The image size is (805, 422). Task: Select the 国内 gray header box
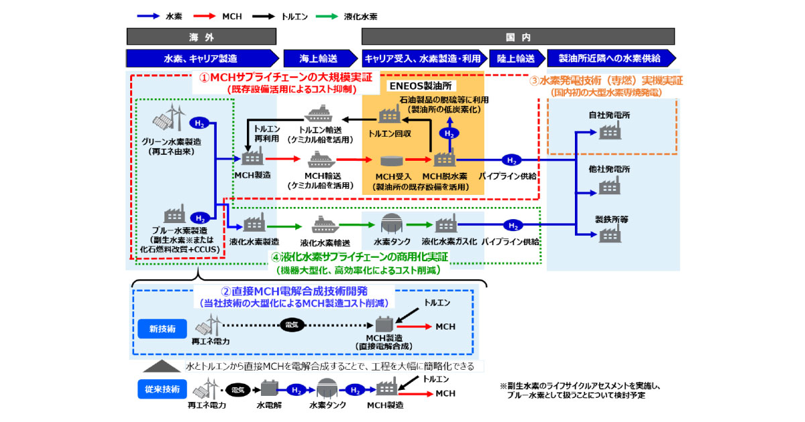click(519, 36)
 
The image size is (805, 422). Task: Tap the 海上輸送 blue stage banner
click(319, 58)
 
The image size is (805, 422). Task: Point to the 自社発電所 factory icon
click(608, 133)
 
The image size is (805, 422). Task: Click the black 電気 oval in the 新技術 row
click(292, 325)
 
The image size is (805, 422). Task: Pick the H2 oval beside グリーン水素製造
click(199, 123)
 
